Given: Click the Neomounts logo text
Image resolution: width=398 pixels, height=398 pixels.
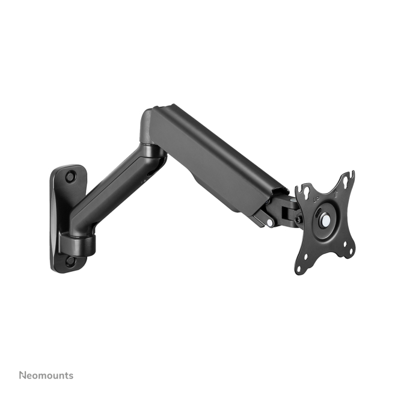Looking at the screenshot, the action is pos(46,375).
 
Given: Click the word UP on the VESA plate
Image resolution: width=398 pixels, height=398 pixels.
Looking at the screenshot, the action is pos(316,198).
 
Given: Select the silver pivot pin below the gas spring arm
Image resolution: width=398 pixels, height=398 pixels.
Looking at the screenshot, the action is pos(269,222).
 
